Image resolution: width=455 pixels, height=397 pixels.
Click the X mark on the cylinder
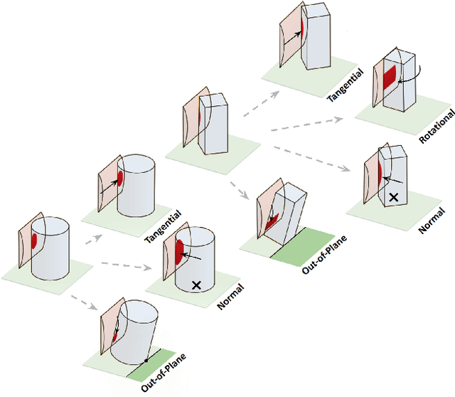pyautogui.click(x=197, y=285)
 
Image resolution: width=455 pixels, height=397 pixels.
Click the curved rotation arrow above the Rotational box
pyautogui.click(x=419, y=71)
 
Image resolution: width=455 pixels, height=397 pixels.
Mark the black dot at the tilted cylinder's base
pyautogui.click(x=146, y=361)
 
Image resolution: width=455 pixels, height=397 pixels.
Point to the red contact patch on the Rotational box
pyautogui.click(x=389, y=78)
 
